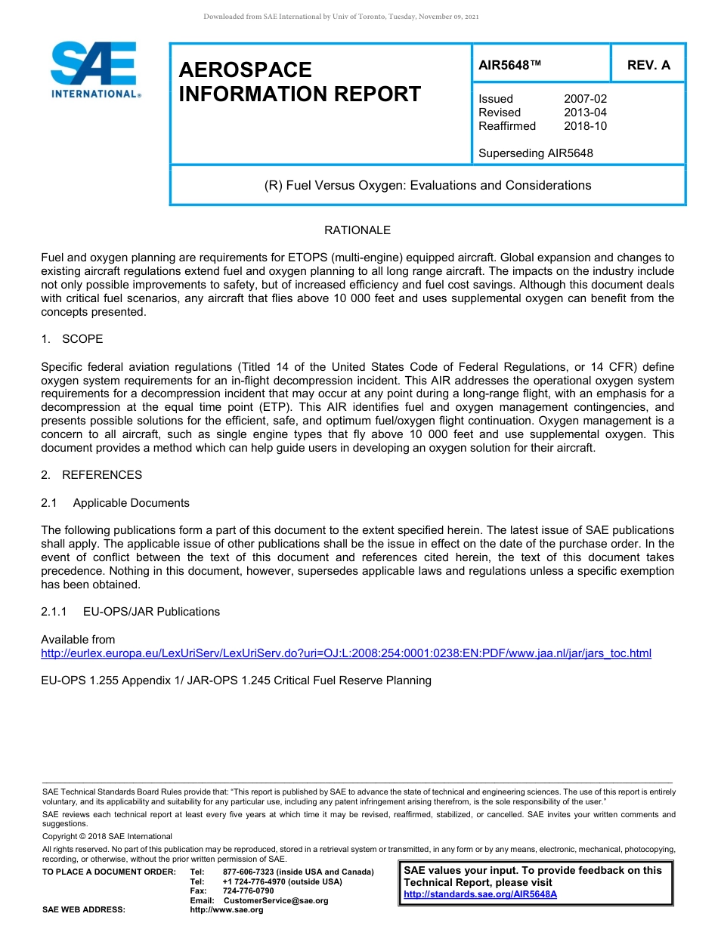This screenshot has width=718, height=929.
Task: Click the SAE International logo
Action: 94,69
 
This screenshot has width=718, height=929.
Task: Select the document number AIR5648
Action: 510,65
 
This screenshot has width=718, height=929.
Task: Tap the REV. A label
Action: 648,65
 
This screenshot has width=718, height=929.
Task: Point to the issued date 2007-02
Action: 585,99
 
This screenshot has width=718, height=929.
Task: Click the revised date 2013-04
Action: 585,113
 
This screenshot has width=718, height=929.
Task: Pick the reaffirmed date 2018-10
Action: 585,126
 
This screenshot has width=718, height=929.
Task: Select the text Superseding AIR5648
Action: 535,153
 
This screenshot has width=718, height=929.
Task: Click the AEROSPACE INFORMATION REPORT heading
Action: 299,82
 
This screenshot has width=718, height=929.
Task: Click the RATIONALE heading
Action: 357,230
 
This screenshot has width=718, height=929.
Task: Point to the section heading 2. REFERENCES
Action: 91,475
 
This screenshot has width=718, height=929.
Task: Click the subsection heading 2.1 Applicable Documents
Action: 115,503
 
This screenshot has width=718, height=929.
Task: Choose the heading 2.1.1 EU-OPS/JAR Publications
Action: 130,612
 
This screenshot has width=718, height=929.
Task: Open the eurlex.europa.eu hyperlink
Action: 345,653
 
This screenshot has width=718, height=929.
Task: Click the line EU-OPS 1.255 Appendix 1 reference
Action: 236,681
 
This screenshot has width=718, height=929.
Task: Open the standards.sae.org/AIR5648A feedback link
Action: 480,894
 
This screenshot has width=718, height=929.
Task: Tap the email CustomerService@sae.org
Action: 275,901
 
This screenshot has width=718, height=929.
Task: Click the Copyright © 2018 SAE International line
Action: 107,836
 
